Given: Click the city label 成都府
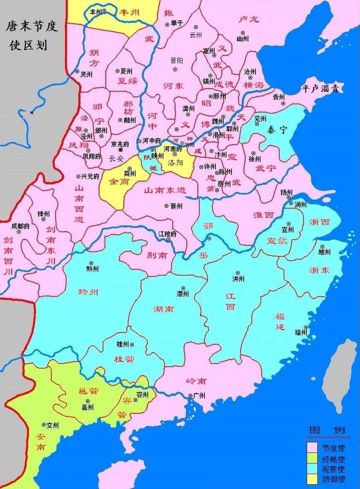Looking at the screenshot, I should click(20, 226).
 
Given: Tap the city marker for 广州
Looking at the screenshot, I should click(190, 396).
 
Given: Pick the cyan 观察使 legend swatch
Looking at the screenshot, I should click(312, 469).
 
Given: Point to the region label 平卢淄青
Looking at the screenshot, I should click(320, 89).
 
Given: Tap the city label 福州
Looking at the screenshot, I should click(300, 332).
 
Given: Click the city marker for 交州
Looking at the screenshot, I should click(44, 425).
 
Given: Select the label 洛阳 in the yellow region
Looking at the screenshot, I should click(176, 163).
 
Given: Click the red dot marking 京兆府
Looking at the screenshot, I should click(120, 150).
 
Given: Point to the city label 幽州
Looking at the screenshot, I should click(243, 39).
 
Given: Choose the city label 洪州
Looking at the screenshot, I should click(238, 279).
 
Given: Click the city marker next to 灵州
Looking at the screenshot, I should click(77, 71).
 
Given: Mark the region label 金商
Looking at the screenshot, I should click(119, 182).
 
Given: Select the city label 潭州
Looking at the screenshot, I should click(183, 294).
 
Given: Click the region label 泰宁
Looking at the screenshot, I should click(277, 130).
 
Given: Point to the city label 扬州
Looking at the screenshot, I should click(286, 192).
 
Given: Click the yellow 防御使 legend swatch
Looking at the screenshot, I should click(312, 479).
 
